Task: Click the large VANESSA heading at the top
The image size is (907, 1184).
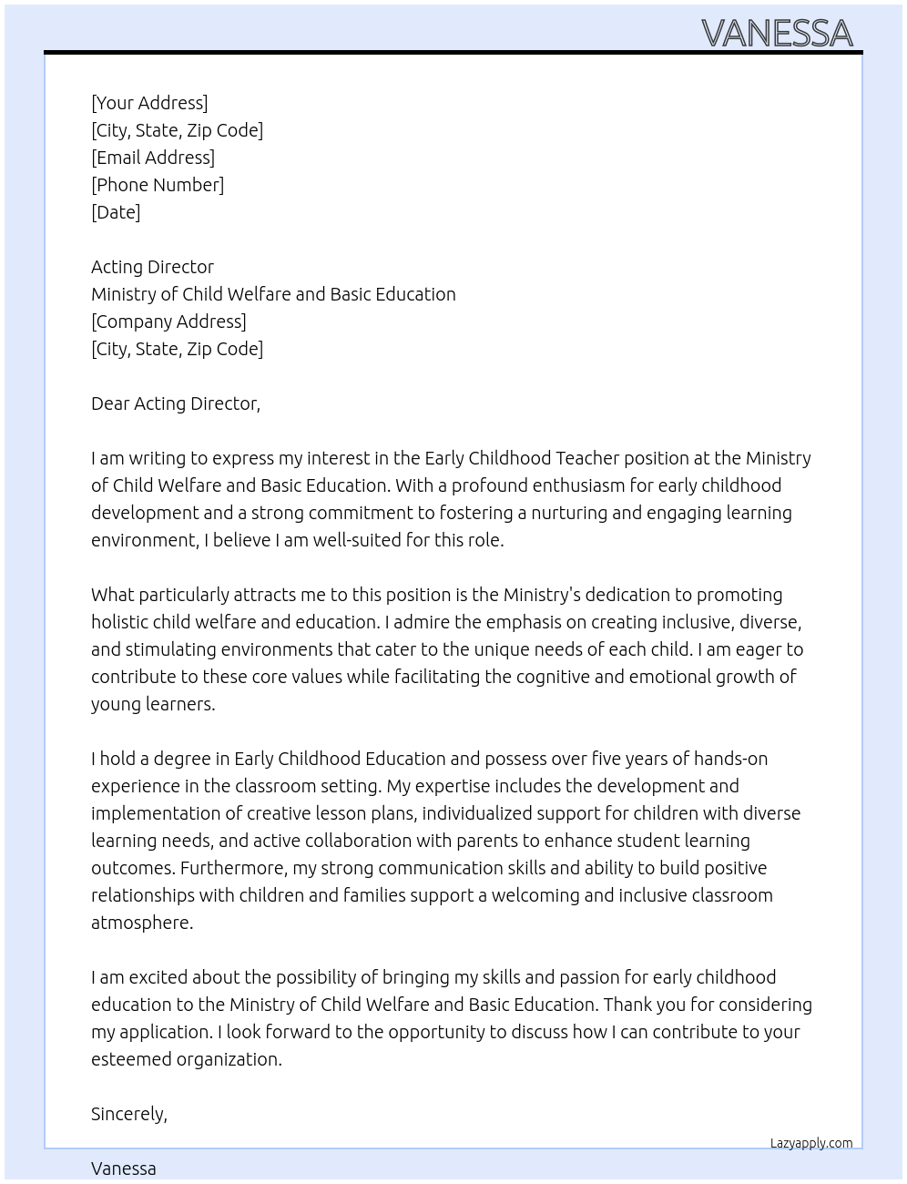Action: (777, 34)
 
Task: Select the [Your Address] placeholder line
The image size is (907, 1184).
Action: (149, 103)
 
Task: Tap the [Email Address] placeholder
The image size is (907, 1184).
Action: (153, 158)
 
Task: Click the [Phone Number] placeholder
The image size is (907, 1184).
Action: (158, 185)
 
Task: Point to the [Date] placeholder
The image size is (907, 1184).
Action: (116, 212)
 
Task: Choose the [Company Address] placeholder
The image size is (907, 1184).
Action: (168, 322)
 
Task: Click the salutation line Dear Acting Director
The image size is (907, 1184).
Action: (176, 403)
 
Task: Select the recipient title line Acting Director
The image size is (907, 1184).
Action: (152, 267)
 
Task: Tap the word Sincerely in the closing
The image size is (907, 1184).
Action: (128, 1114)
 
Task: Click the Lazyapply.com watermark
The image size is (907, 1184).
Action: (811, 1143)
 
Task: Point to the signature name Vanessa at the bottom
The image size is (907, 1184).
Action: (124, 1169)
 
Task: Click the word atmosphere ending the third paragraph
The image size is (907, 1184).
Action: (141, 923)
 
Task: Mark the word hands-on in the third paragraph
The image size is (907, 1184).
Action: (730, 759)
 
